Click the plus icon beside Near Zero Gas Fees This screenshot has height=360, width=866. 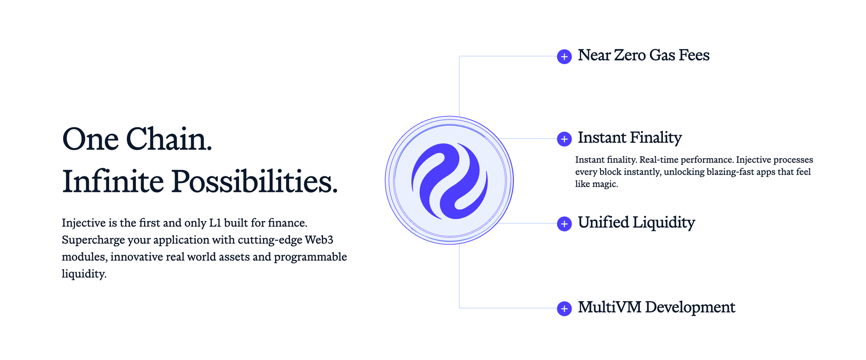[x=564, y=56]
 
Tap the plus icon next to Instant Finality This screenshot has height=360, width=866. [x=564, y=139]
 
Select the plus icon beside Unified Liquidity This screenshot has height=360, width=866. [x=564, y=224]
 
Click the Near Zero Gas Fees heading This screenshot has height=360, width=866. [x=643, y=55]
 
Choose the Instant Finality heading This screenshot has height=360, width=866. [x=630, y=138]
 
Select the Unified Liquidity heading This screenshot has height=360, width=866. [x=637, y=223]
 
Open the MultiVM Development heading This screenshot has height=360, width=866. [x=656, y=308]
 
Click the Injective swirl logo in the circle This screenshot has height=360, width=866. [x=449, y=181]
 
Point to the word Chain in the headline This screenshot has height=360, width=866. [x=169, y=139]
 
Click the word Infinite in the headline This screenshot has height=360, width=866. [x=113, y=182]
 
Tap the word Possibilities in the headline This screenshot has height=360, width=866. [x=254, y=182]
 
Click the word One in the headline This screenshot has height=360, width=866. [x=90, y=139]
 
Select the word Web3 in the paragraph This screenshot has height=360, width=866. [x=319, y=240]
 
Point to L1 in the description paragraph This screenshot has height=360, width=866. [x=215, y=223]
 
